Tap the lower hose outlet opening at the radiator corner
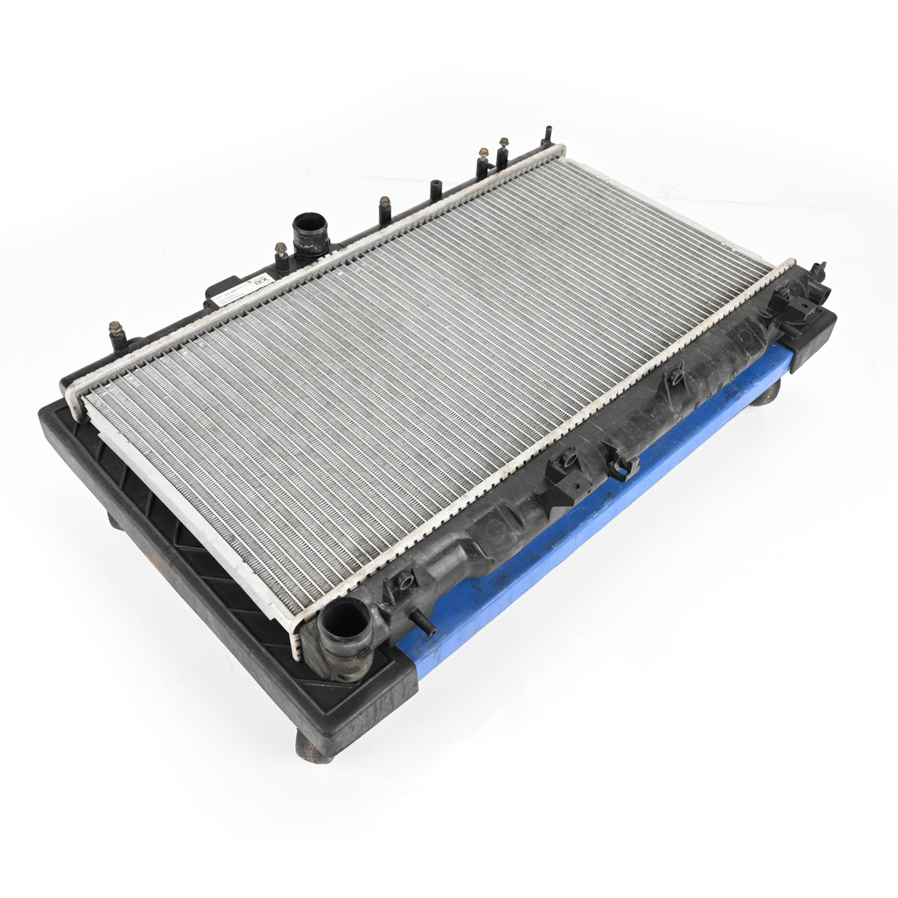point(345,620)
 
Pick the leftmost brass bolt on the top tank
point(116,330)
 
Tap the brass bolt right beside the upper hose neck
point(281,250)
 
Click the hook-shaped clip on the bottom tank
point(623,465)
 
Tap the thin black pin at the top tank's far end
point(547,136)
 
